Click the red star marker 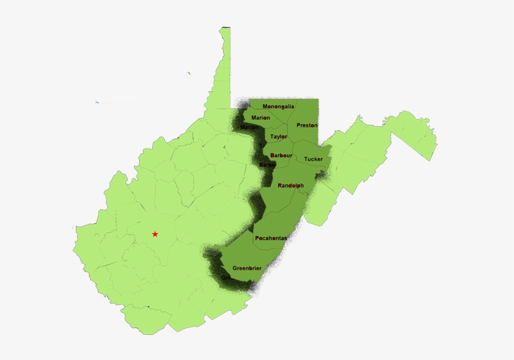(x=155, y=234)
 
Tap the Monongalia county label (x=278, y=107)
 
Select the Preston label (x=307, y=125)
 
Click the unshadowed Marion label (x=261, y=117)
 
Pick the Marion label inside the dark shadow (x=249, y=127)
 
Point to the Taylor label (x=278, y=136)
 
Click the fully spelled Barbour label (x=281, y=155)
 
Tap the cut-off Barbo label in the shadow (x=267, y=165)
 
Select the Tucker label (x=313, y=159)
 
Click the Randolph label (x=290, y=186)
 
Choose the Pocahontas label (x=271, y=238)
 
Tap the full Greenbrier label (x=246, y=268)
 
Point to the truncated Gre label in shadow (x=225, y=277)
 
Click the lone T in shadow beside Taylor (x=261, y=146)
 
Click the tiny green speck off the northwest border (x=189, y=73)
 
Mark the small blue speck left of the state (x=97, y=102)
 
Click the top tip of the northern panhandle (x=224, y=28)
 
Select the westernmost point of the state (x=73, y=228)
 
